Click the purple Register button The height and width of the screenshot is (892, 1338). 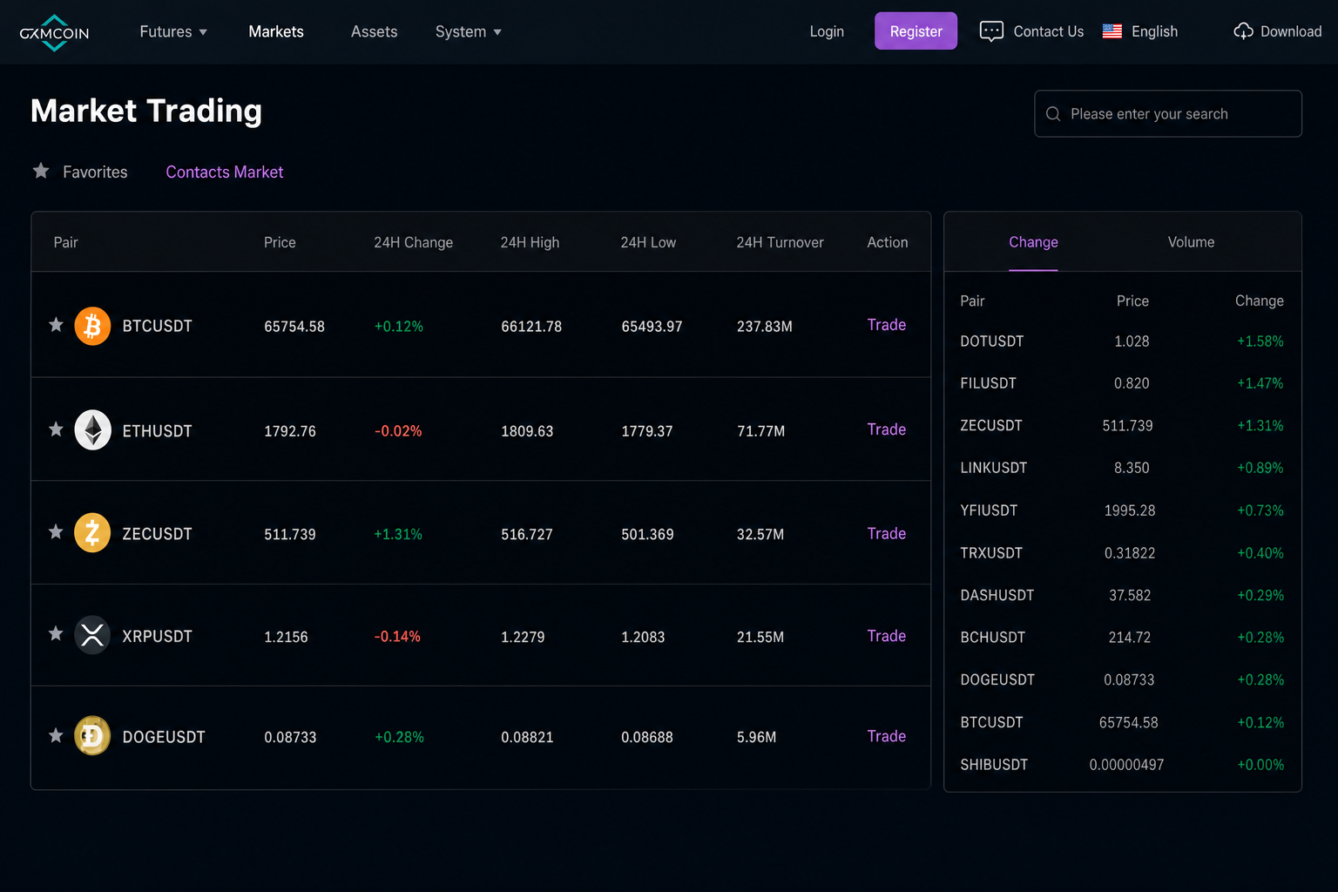[x=916, y=31]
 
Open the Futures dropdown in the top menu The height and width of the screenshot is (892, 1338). [x=173, y=31]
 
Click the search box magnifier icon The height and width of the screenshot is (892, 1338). [x=1053, y=114]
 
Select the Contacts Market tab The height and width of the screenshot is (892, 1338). [x=225, y=172]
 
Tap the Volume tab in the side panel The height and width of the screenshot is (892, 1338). [x=1191, y=242]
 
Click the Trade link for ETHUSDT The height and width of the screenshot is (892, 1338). [x=887, y=429]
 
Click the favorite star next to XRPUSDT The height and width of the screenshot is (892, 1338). [x=56, y=633]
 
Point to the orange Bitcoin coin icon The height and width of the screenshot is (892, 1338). [x=92, y=326]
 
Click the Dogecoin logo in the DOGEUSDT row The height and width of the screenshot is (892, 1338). [x=92, y=735]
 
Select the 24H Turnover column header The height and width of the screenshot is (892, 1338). [x=780, y=242]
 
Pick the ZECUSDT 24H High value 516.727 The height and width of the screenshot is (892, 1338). [x=527, y=534]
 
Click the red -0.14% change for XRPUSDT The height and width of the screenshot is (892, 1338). [x=397, y=637]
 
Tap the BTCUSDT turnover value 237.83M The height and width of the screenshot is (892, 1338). [x=765, y=327]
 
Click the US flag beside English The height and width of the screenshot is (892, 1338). [x=1112, y=31]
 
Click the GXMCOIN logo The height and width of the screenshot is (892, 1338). [x=54, y=33]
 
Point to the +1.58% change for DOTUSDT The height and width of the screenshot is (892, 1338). [x=1260, y=341]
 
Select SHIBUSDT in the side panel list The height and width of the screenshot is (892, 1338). [x=994, y=765]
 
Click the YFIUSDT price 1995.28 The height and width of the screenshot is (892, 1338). [x=1130, y=510]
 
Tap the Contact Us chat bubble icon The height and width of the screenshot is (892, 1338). [x=991, y=31]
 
